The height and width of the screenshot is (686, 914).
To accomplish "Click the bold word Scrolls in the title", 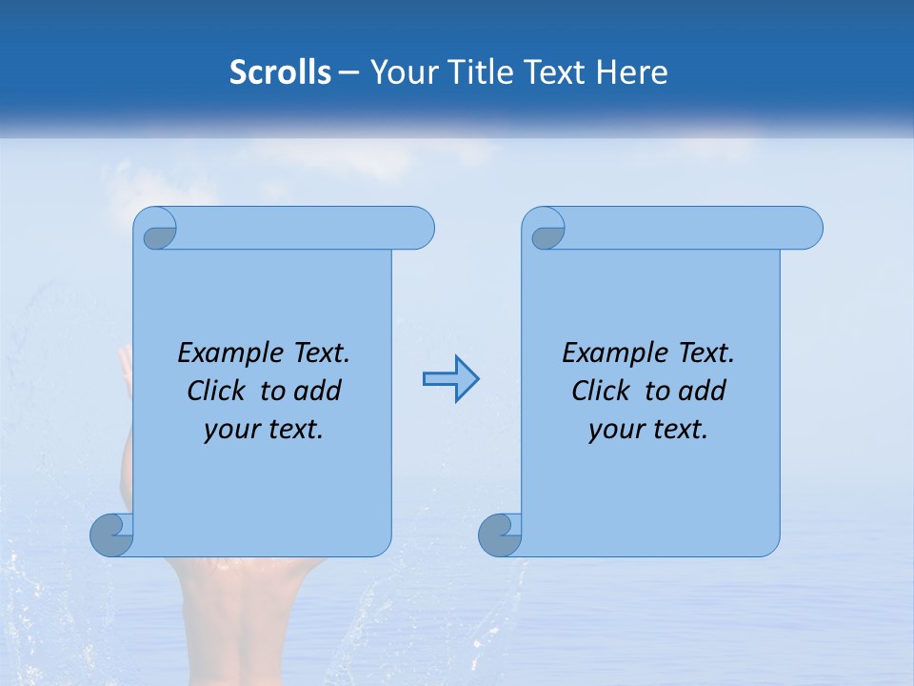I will pos(280,72).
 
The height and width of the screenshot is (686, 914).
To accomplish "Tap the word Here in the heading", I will pos(631,72).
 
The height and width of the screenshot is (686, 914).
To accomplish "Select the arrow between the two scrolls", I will pos(450,379).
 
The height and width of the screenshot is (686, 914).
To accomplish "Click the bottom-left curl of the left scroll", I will pos(110,535).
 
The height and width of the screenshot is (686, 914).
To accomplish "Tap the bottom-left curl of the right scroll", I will pos(499,535).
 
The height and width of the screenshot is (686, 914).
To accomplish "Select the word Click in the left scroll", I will pos(218,392).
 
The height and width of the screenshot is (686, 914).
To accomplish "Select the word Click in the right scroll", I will pos(603,392).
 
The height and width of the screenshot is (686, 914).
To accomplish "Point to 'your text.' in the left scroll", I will pos(264,430).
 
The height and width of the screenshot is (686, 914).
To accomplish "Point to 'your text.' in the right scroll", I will pos(648,430).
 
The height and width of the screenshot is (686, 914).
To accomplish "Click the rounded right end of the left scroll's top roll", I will pos(419,228).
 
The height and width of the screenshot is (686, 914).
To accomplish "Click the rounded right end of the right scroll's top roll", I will pos(807,228).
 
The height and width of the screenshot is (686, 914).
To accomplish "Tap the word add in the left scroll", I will pos(319,392).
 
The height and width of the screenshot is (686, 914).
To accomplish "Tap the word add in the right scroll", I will pos(704,392).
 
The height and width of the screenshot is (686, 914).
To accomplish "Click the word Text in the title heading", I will pos(553,72).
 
